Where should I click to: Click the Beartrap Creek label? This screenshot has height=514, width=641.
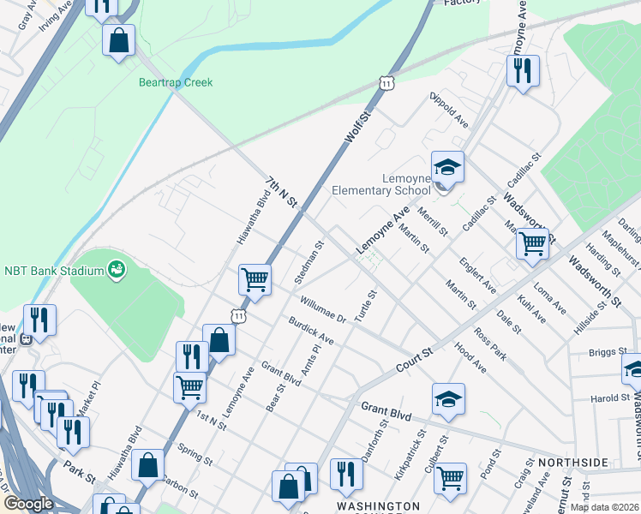[176, 83]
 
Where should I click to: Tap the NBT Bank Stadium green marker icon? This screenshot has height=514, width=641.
[117, 271]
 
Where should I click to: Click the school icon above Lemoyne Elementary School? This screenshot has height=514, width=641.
[446, 165]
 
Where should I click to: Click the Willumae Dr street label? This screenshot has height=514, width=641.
[321, 309]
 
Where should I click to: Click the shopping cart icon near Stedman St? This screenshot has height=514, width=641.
[255, 278]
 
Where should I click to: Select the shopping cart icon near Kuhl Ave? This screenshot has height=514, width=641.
[532, 243]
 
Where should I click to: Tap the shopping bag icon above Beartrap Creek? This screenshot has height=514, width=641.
[118, 39]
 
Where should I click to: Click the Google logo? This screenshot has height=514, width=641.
[28, 504]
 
